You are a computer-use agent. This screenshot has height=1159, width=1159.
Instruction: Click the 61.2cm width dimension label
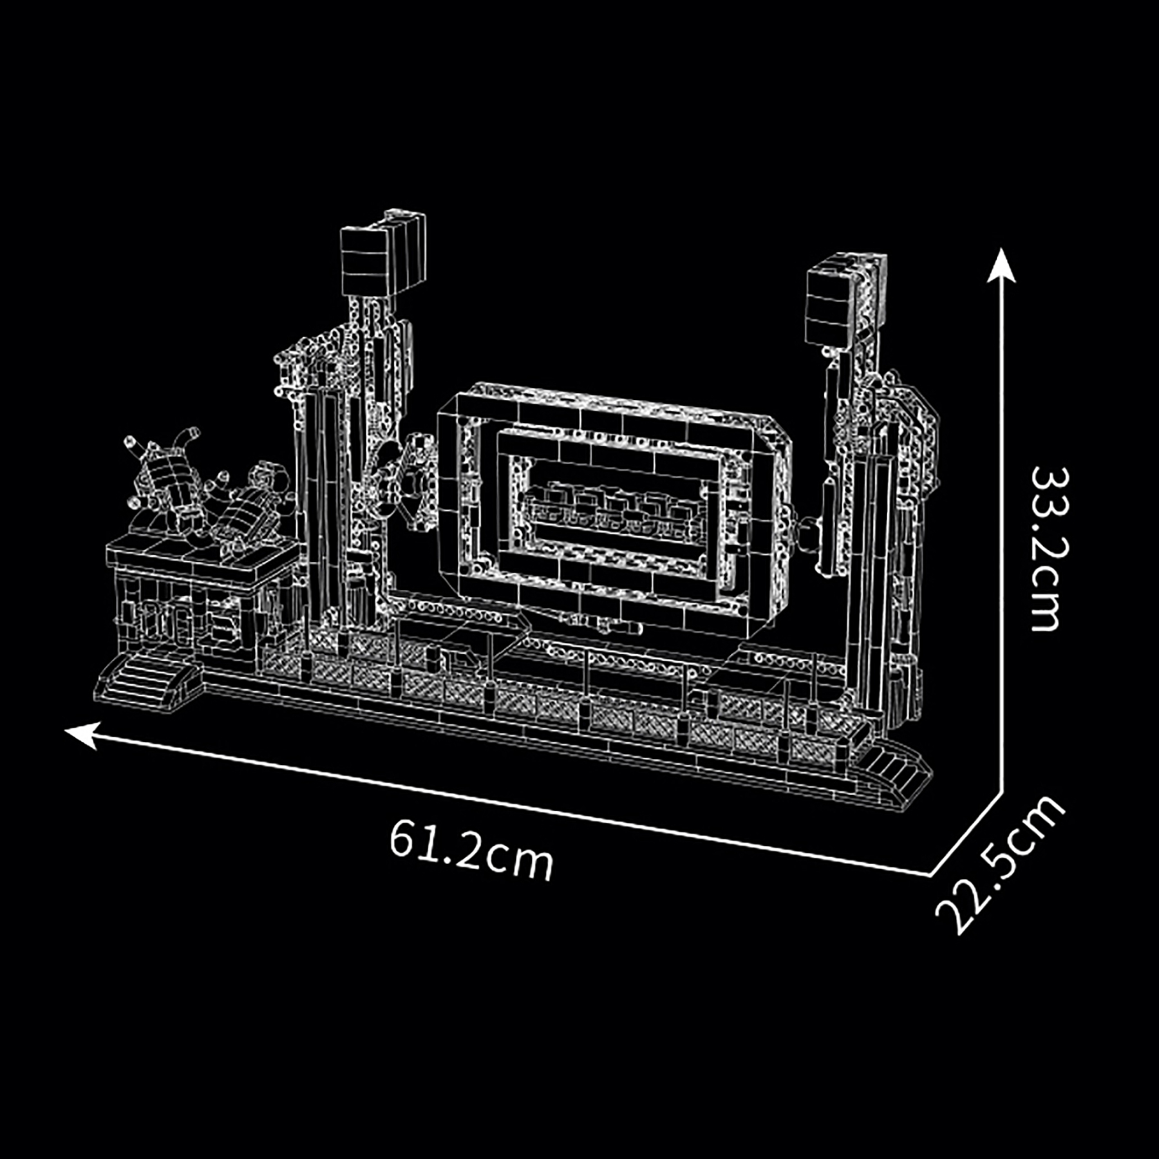pos(471,849)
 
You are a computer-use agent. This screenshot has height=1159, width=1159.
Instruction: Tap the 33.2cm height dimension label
pos(1044,549)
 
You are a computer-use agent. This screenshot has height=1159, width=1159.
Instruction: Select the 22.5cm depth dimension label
pos(1000,864)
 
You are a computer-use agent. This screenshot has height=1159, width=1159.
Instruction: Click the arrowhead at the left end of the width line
pos(82,735)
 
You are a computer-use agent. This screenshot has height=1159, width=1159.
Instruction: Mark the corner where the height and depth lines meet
pos(1002,793)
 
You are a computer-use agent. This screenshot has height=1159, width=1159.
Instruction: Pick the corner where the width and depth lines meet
pos(930,874)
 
